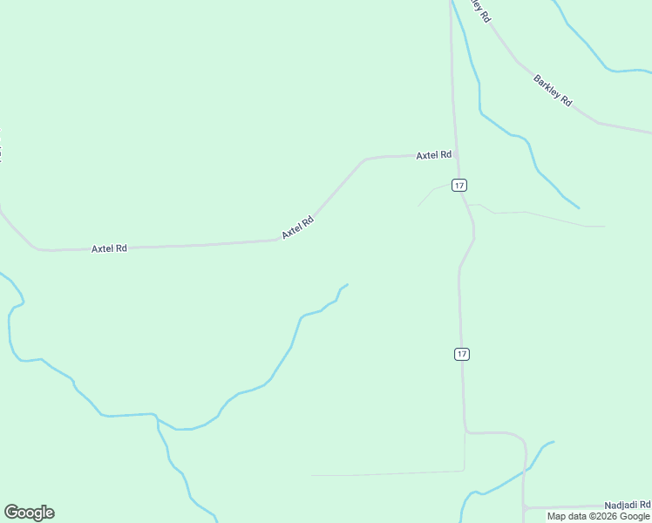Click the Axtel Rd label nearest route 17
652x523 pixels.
pos(433,155)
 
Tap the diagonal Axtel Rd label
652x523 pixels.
pos(297,228)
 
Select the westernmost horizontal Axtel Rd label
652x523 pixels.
pos(109,248)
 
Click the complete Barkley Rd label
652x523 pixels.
pos(553,91)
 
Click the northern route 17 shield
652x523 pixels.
pos(459,185)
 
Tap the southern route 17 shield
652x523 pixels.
pos(462,354)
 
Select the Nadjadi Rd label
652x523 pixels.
pos(628,506)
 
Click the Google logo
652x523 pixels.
pos(29,513)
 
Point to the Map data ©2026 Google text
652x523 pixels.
pos(598,516)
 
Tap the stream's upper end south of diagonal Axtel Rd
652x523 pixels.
pos(348,284)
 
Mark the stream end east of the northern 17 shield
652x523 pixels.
pos(579,207)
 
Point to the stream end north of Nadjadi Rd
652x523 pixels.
pos(554,442)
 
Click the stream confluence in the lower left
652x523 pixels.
pos(157,418)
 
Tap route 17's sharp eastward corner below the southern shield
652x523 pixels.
pos(466,431)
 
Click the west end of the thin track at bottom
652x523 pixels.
pos(312,475)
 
